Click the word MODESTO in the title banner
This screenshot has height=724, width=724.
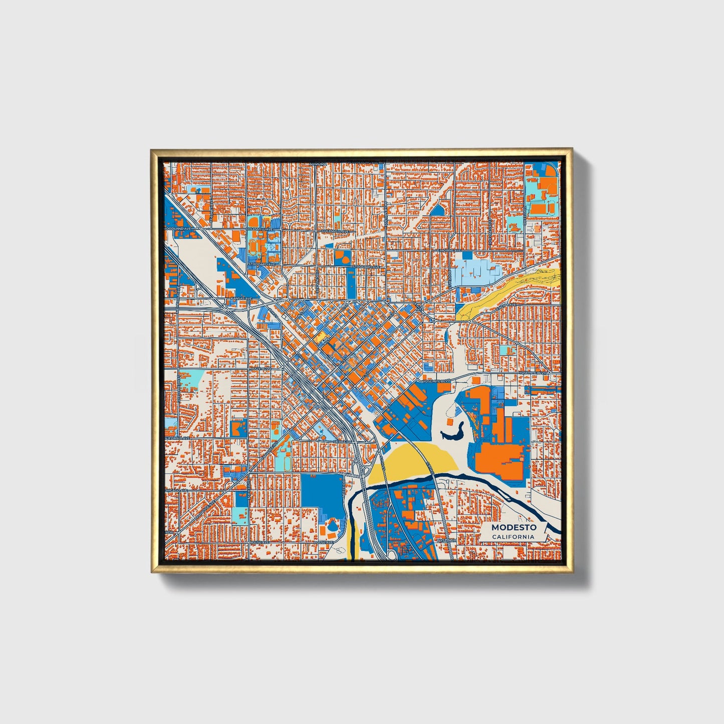(514, 527)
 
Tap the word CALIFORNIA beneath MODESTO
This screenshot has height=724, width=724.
(513, 537)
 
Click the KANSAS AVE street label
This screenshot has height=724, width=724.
(240, 299)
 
